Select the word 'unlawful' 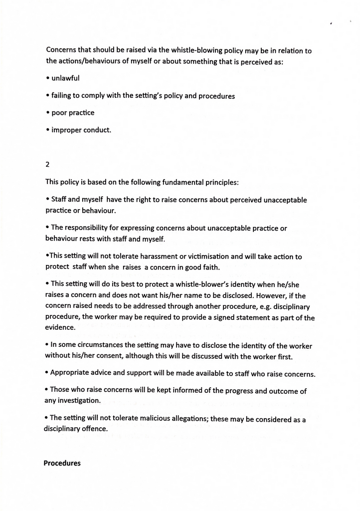(65, 78)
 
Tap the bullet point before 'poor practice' (47, 113)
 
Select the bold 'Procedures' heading (62, 463)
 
